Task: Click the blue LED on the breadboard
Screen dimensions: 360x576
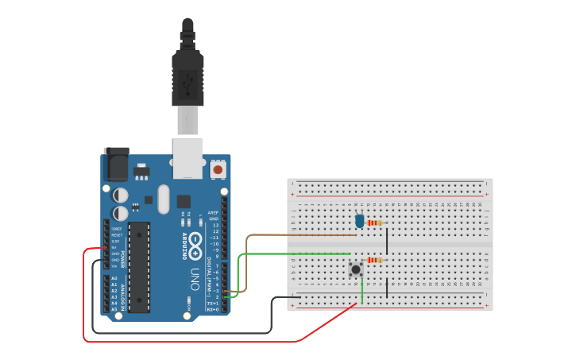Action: (360, 220)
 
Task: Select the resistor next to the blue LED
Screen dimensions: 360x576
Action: (374, 223)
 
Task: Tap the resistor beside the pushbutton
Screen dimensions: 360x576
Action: (374, 260)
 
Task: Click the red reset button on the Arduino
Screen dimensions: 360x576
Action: (218, 169)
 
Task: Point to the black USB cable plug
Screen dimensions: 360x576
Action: (187, 79)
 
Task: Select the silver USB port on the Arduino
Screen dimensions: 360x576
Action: (187, 157)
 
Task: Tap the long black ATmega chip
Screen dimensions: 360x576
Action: (138, 266)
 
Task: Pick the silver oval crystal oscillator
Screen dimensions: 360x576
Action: (164, 199)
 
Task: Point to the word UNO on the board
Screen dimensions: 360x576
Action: (195, 278)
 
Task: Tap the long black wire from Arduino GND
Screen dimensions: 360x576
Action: (183, 332)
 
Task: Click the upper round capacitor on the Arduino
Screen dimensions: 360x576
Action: (121, 195)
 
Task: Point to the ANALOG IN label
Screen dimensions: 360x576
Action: (123, 293)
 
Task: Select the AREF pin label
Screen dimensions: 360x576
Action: (213, 213)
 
